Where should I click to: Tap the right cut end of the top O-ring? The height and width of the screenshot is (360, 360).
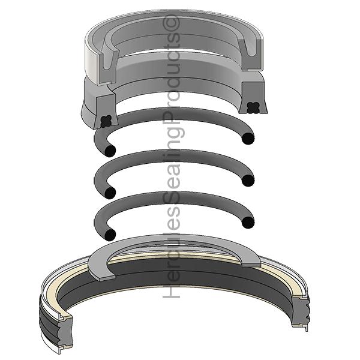(x=248, y=139)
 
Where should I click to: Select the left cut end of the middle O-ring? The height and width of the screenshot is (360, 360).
(x=109, y=192)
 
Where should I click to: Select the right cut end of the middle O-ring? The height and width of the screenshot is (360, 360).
(x=248, y=178)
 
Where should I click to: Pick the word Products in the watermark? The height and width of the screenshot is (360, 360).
(x=173, y=78)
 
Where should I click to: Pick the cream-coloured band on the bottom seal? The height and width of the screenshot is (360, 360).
(x=180, y=254)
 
